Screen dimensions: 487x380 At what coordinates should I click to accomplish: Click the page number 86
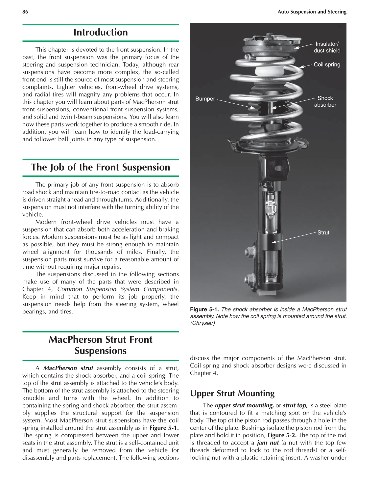click(25, 12)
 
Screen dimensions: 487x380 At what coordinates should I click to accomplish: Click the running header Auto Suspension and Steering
click(312, 12)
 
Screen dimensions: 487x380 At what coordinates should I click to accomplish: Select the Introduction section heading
click(101, 32)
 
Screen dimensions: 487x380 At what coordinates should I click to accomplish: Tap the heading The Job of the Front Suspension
click(101, 167)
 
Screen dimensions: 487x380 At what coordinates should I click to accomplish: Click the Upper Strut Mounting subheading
click(232, 393)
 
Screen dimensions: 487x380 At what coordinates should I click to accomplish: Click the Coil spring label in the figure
click(327, 65)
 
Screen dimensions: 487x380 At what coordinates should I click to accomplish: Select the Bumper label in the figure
click(205, 99)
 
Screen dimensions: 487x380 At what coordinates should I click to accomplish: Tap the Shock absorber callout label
click(325, 101)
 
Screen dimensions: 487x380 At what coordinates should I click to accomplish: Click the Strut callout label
click(323, 232)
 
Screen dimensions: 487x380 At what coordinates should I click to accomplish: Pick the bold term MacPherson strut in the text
click(68, 368)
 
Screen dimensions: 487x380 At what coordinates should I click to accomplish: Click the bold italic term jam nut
click(268, 443)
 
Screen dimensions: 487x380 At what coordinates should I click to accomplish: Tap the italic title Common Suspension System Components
click(118, 289)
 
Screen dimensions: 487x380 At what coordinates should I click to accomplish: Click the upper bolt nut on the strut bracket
click(249, 252)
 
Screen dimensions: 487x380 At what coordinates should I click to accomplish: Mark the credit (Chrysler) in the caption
click(202, 323)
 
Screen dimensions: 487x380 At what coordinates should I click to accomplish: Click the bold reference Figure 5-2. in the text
click(282, 435)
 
